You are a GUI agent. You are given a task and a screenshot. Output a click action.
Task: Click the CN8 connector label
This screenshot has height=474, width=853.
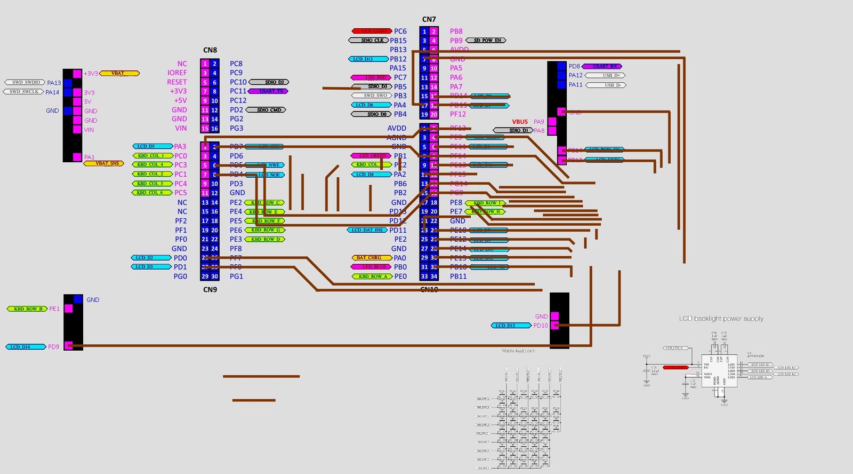(210, 50)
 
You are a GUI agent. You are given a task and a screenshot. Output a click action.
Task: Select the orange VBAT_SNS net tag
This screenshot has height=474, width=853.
(103, 163)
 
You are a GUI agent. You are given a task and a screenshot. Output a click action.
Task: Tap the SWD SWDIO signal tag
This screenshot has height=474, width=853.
(25, 82)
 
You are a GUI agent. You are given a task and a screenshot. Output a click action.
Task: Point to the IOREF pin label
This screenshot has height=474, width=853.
(177, 73)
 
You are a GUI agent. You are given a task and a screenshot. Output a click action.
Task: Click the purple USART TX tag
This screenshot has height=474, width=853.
(268, 91)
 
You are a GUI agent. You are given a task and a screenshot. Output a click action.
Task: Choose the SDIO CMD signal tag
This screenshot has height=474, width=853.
(268, 110)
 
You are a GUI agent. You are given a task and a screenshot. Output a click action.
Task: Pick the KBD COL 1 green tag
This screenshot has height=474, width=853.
(151, 156)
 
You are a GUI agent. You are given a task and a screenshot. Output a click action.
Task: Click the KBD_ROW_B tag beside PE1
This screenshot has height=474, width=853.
(27, 309)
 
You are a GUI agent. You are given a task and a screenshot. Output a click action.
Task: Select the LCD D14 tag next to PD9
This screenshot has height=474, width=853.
(26, 347)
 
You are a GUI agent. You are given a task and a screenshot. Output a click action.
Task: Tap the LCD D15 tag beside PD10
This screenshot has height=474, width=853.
(511, 325)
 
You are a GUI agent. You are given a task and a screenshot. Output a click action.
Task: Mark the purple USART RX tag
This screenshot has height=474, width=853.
(602, 66)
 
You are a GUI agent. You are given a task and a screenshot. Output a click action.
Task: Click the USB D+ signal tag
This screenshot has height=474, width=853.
(605, 75)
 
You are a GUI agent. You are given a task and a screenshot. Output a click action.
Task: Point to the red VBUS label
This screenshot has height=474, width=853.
(520, 122)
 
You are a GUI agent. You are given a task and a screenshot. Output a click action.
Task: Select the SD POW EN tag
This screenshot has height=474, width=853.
(486, 40)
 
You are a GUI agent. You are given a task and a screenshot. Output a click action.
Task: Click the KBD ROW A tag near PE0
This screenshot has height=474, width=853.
(372, 276)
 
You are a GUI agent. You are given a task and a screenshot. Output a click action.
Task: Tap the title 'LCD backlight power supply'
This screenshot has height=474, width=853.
(721, 319)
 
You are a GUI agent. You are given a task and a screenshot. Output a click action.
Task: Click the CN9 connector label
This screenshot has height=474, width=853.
(210, 290)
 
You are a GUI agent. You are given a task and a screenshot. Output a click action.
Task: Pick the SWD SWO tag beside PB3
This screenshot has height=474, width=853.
(371, 96)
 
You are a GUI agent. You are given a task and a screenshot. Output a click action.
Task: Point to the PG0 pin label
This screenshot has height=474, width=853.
(180, 276)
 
